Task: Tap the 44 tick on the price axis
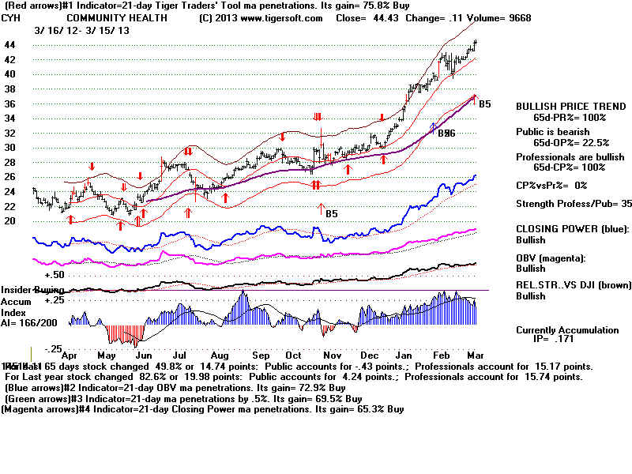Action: click(10, 45)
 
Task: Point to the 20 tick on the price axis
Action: click(10, 221)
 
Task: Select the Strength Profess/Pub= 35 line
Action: click(574, 204)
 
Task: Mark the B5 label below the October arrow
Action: click(332, 213)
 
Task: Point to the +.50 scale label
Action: click(54, 275)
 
